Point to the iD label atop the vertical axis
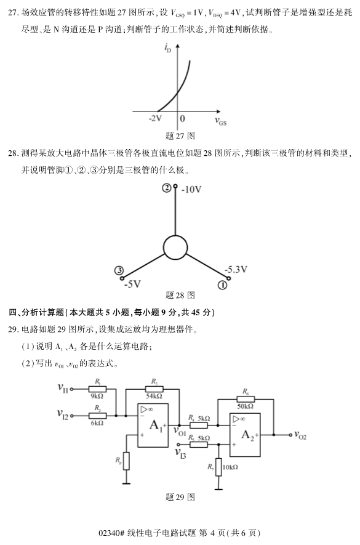168,48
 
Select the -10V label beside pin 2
190,189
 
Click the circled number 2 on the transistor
166,188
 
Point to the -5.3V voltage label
235,269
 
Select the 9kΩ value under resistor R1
97,396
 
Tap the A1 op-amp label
156,425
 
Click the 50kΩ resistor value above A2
245,406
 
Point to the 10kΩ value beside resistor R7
230,467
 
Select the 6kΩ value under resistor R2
97,423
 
